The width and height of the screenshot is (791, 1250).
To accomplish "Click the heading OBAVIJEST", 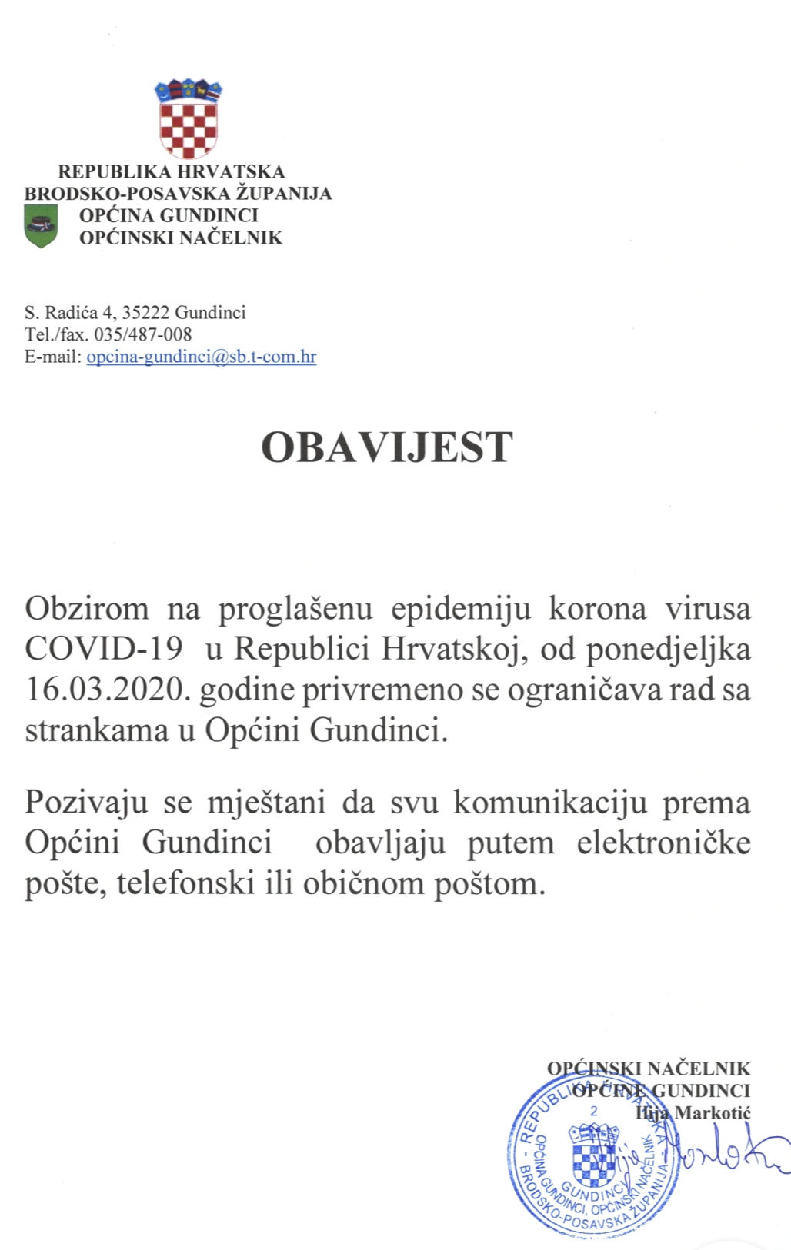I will click(x=386, y=447).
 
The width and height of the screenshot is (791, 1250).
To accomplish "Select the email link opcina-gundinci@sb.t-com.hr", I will click(x=201, y=357).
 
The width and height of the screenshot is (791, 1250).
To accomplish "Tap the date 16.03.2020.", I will click(x=107, y=690).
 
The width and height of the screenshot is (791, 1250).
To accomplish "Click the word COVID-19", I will click(x=104, y=649).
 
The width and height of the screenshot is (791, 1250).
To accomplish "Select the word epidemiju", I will click(x=461, y=608).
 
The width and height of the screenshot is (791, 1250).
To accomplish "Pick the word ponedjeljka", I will click(x=669, y=649).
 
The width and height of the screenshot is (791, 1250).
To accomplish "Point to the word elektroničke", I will click(x=663, y=843).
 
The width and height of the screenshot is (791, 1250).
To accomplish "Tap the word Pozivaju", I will click(x=86, y=803).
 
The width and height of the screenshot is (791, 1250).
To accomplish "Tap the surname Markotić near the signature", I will click(x=713, y=1112).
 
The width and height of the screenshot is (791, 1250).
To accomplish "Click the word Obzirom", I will click(x=87, y=608).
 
